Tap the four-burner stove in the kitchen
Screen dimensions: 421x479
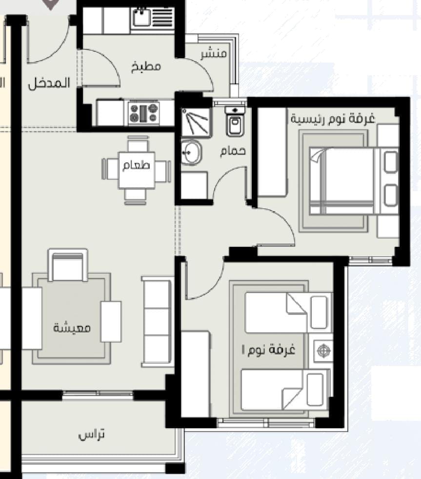pos(144,113)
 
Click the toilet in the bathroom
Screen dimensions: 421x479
pos(235,121)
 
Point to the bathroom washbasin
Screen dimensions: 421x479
pos(191,152)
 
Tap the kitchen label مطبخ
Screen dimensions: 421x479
pos(146,66)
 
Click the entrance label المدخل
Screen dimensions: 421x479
pos(49,84)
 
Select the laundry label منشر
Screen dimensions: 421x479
pos(214,54)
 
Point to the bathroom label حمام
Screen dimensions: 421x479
pos(233,151)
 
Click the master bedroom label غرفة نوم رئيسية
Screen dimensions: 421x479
pos(333,118)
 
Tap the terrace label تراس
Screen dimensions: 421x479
pos(91,435)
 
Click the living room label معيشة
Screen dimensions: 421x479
pos(72,328)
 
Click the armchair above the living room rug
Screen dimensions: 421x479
pos(68,265)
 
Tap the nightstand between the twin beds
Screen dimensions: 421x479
pos(323,350)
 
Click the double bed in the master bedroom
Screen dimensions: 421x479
pos(354,181)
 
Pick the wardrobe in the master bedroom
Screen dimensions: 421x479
pos(273,152)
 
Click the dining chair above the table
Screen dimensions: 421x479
pos(138,144)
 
